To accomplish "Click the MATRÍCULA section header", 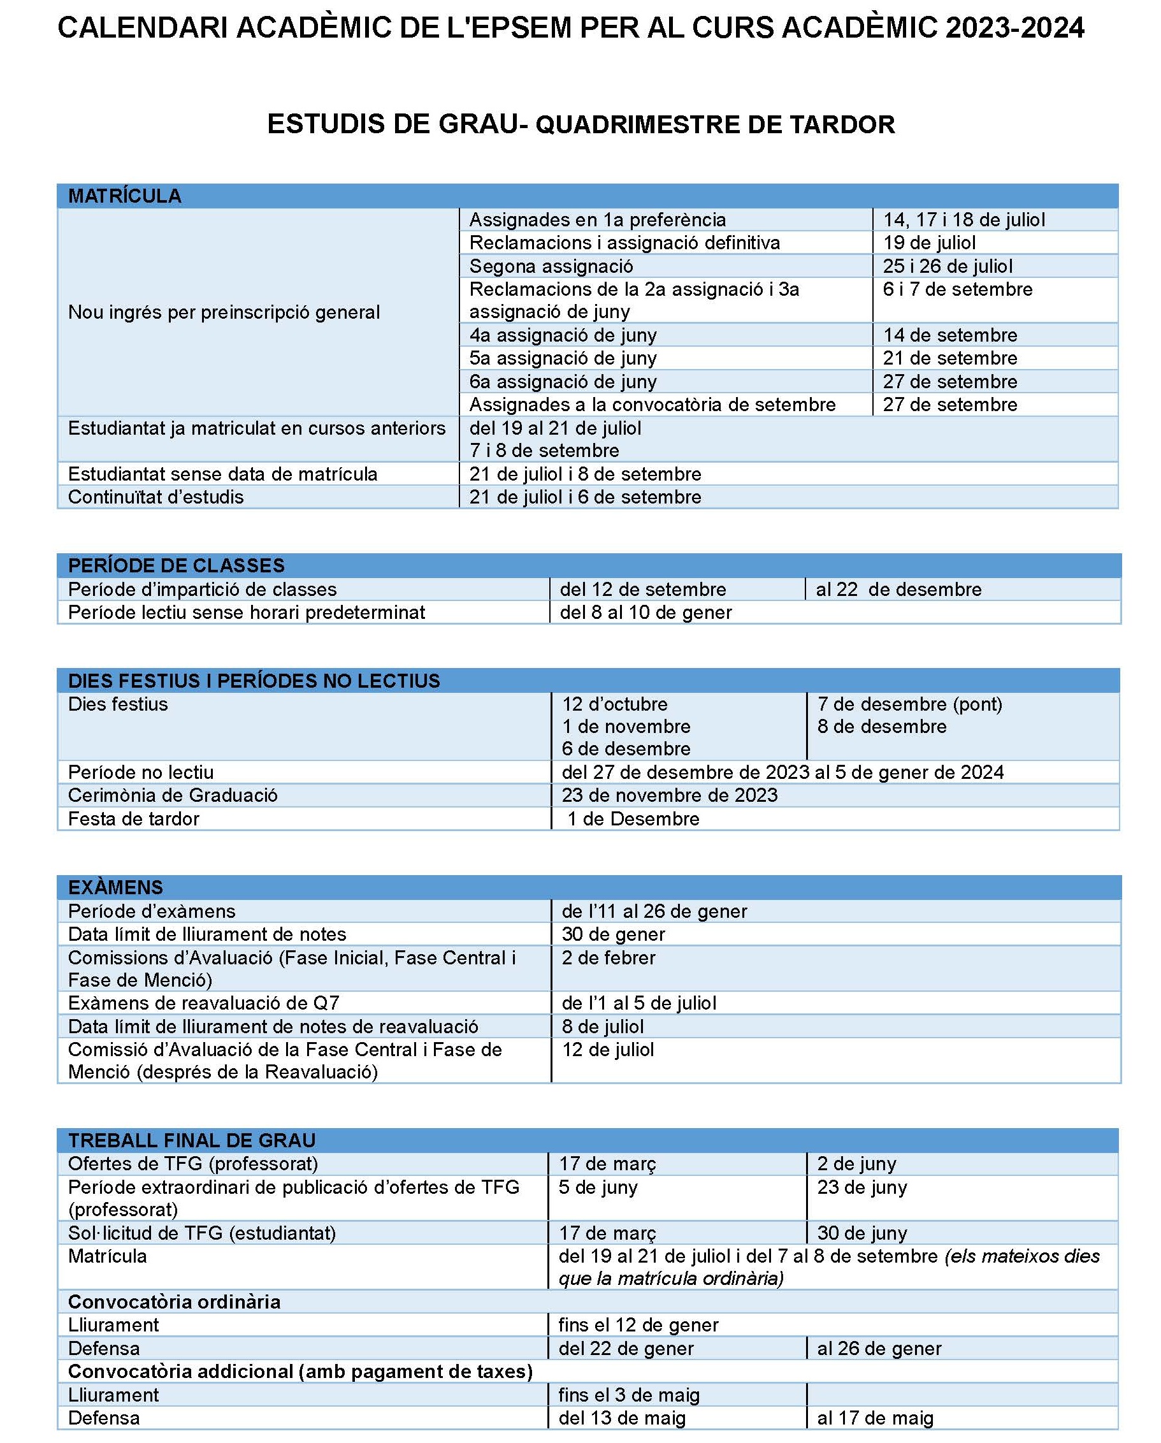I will click(124, 196).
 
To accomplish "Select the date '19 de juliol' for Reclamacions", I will click(929, 242).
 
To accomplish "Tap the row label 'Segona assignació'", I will click(551, 266).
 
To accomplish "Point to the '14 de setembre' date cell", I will click(949, 335).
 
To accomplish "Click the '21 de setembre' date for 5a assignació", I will click(949, 358).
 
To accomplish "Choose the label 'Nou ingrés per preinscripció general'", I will click(224, 312).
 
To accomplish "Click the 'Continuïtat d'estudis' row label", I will click(155, 497).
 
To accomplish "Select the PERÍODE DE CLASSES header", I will click(176, 565).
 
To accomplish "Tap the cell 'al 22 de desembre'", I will click(898, 589).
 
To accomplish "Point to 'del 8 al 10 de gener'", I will click(645, 613).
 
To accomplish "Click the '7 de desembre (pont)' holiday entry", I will click(909, 704).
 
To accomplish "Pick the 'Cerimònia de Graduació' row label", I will click(173, 795).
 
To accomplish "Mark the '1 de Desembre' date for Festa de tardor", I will click(633, 818).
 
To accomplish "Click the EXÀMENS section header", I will click(115, 887).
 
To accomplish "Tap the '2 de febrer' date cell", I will click(609, 958).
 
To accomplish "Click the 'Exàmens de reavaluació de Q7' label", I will click(203, 1003).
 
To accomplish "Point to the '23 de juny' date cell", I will click(862, 1187).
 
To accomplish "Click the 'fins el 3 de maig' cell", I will click(629, 1395).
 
